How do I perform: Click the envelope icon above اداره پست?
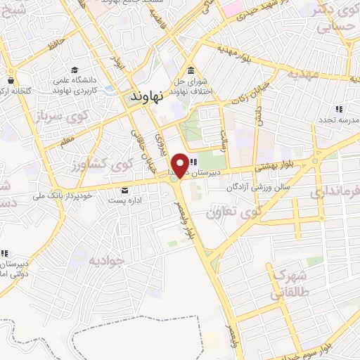click(125, 190)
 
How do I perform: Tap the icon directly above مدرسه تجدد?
click(338, 108)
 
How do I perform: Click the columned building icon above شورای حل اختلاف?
click(192, 72)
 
